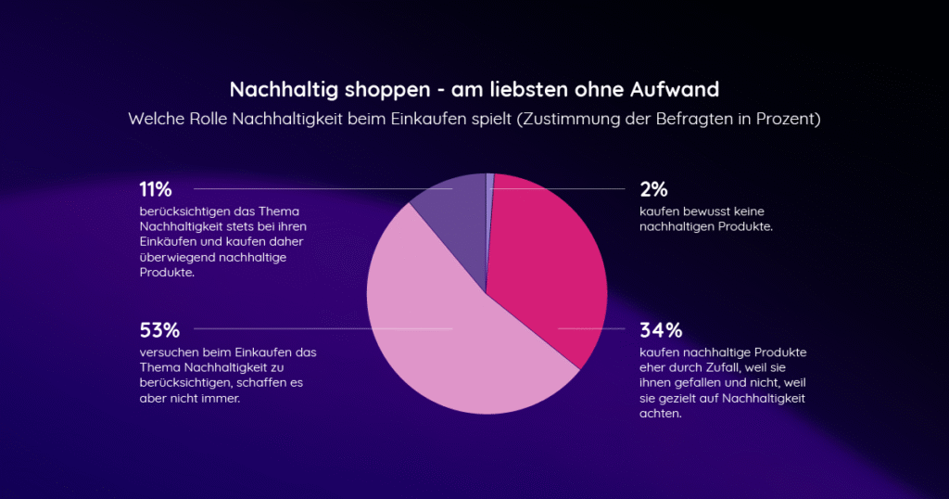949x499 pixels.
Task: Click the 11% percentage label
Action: click(x=156, y=189)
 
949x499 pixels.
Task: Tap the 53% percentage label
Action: click(x=158, y=329)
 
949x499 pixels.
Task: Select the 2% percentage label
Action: click(x=653, y=189)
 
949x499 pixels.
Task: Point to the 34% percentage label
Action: click(x=660, y=329)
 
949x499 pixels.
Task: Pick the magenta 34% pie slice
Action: click(x=547, y=269)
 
